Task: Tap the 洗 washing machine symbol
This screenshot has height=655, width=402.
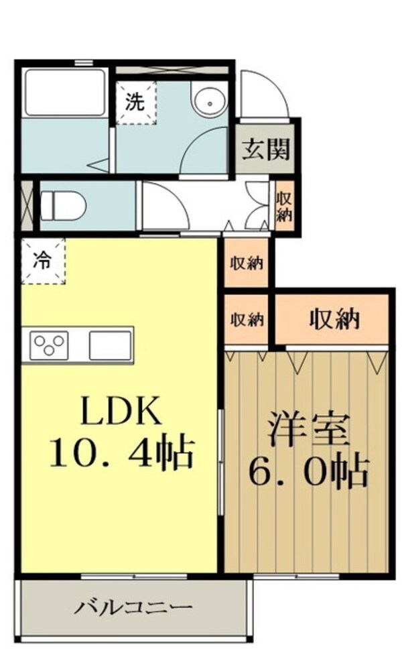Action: [135, 103]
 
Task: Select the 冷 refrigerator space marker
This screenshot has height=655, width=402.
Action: [43, 261]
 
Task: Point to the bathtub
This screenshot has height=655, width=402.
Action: [64, 93]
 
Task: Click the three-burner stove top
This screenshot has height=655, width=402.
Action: [50, 345]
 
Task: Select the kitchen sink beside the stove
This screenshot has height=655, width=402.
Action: [111, 345]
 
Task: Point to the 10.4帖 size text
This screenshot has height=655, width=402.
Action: [122, 453]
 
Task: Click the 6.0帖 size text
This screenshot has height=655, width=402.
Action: [308, 472]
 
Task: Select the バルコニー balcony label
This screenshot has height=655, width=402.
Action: [133, 607]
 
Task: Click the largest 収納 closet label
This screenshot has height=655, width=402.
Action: [334, 320]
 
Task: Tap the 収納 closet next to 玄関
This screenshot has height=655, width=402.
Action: [285, 206]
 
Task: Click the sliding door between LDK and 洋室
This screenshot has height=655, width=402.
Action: [221, 462]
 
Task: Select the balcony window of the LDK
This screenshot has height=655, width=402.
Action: [133, 577]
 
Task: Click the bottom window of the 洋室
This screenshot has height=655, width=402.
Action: [296, 577]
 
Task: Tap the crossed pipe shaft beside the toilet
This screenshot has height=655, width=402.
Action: [27, 205]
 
